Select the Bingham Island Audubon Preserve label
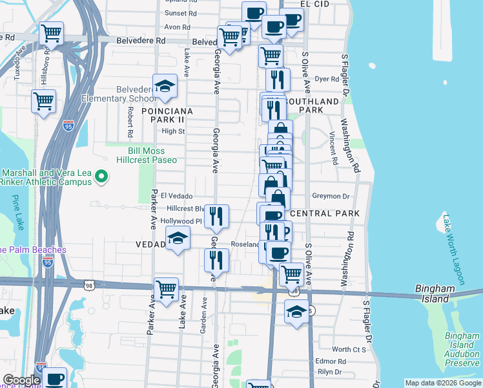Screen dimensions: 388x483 pos(462,353)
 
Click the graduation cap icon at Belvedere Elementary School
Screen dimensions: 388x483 pos(165,88)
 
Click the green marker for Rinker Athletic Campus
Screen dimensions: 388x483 pos(101,175)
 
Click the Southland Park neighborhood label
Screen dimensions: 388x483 pos(312,105)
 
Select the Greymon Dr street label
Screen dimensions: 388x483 pos(331,196)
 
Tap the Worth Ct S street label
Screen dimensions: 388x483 pos(349,349)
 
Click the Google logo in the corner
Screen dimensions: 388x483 pos(21,381)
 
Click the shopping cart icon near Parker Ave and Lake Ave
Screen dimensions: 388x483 pos(167,289)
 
